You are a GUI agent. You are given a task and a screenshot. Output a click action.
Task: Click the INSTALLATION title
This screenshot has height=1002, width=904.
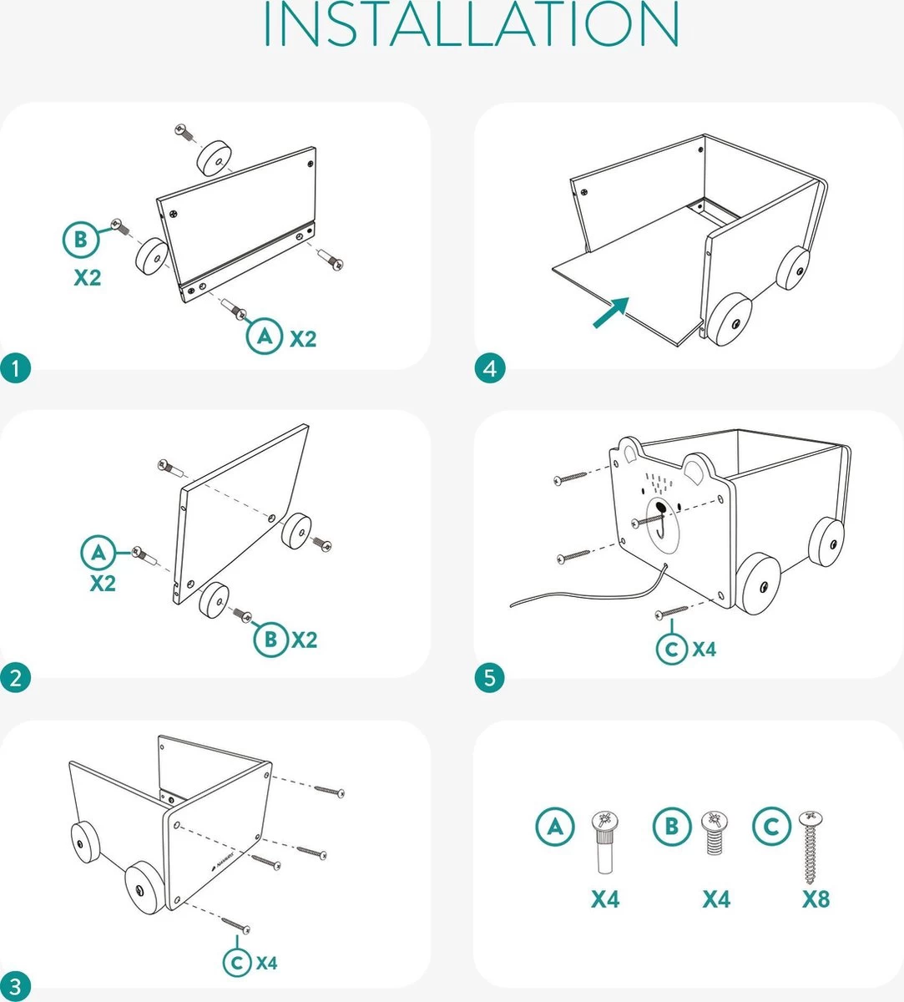pyautogui.click(x=471, y=25)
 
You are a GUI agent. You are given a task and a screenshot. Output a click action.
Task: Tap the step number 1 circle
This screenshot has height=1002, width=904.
pyautogui.click(x=15, y=368)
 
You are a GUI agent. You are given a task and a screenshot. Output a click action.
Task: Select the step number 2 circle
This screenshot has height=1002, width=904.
pyautogui.click(x=15, y=677)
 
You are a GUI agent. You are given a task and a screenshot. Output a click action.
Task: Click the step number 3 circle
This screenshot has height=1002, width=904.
pyautogui.click(x=15, y=986)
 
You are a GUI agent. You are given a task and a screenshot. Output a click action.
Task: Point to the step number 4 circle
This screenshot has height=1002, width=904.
pyautogui.click(x=490, y=368)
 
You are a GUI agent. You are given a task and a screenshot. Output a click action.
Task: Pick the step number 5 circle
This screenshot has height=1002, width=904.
pyautogui.click(x=490, y=677)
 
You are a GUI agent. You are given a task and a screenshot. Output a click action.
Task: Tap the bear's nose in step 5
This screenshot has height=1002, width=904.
pyautogui.click(x=660, y=507)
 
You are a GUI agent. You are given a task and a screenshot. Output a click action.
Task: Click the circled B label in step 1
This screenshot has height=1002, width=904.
pyautogui.click(x=81, y=240)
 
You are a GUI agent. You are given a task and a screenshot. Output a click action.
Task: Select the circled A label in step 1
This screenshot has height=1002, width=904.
pyautogui.click(x=265, y=337)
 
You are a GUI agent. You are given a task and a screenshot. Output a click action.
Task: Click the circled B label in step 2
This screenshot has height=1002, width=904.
pyautogui.click(x=270, y=640)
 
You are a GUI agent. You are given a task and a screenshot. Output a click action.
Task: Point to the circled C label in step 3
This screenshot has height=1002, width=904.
pyautogui.click(x=238, y=963)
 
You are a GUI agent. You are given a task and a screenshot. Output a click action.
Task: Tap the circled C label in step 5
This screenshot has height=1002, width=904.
pyautogui.click(x=673, y=649)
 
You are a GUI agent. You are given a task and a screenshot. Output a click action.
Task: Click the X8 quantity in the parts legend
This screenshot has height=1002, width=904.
pyautogui.click(x=816, y=899)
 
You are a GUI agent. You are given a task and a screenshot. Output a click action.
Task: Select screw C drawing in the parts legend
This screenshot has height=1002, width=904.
pyautogui.click(x=810, y=847)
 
